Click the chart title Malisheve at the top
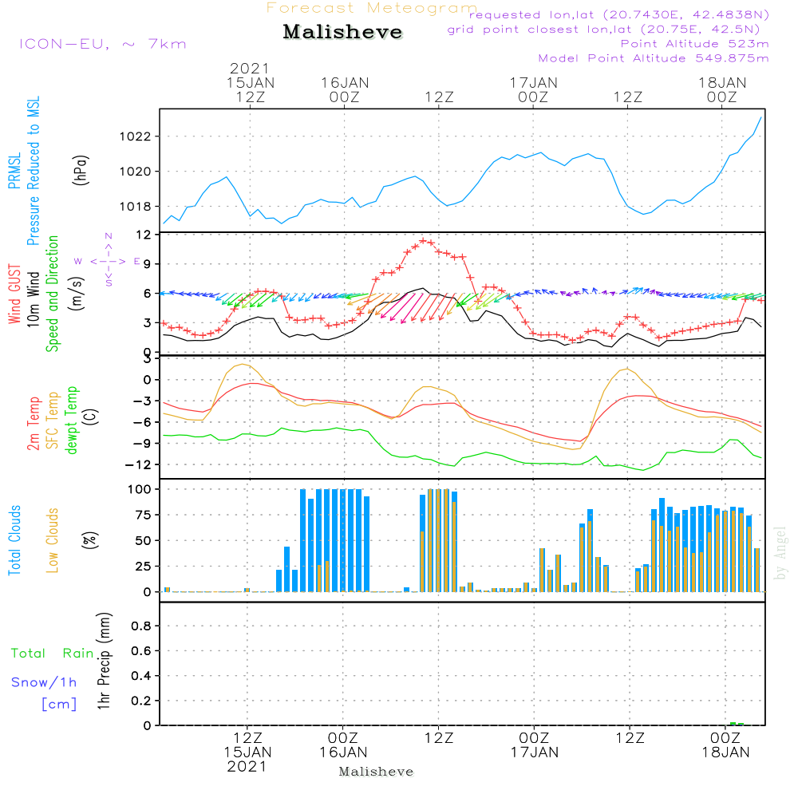343,33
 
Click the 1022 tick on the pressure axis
140,136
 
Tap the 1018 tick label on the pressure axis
140,207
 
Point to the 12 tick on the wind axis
144,235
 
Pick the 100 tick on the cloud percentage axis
140,488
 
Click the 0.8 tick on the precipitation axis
140,626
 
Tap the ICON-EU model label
102,44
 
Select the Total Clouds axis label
15,540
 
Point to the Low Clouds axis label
53,540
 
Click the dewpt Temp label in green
72,421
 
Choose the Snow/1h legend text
45,682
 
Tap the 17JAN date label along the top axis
534,82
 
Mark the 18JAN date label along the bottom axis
725,752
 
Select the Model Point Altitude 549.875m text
654,58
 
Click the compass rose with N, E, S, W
108,260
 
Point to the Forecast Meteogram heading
372,9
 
